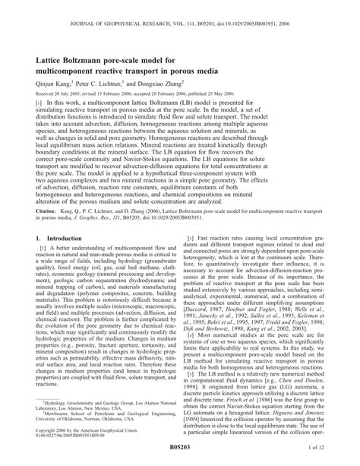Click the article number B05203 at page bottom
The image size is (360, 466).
[180, 459]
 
